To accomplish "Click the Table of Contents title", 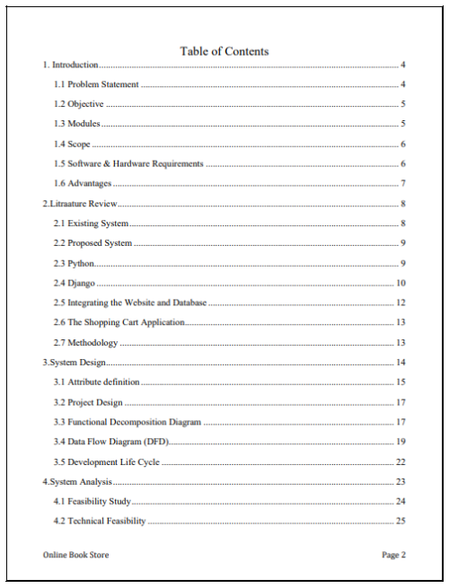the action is (x=224, y=51).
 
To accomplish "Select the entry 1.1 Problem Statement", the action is (x=96, y=84).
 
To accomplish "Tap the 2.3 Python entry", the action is (x=74, y=263).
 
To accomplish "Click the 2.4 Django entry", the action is (x=75, y=283).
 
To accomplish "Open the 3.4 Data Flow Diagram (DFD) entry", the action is (x=110, y=442).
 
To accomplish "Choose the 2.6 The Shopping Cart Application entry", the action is (x=119, y=322).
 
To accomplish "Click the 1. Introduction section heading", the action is (x=71, y=65).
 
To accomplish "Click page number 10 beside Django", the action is (x=401, y=283).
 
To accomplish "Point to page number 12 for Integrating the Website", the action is (x=401, y=303).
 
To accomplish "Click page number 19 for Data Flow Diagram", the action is (x=401, y=442).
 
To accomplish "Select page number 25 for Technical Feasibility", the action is (x=401, y=521).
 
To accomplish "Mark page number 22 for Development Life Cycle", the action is (x=401, y=461).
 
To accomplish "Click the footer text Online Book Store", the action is (x=75, y=555).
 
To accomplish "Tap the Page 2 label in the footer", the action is (x=393, y=555).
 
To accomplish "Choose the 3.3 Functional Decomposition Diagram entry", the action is (x=127, y=422).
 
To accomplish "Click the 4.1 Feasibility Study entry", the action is (x=92, y=501).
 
